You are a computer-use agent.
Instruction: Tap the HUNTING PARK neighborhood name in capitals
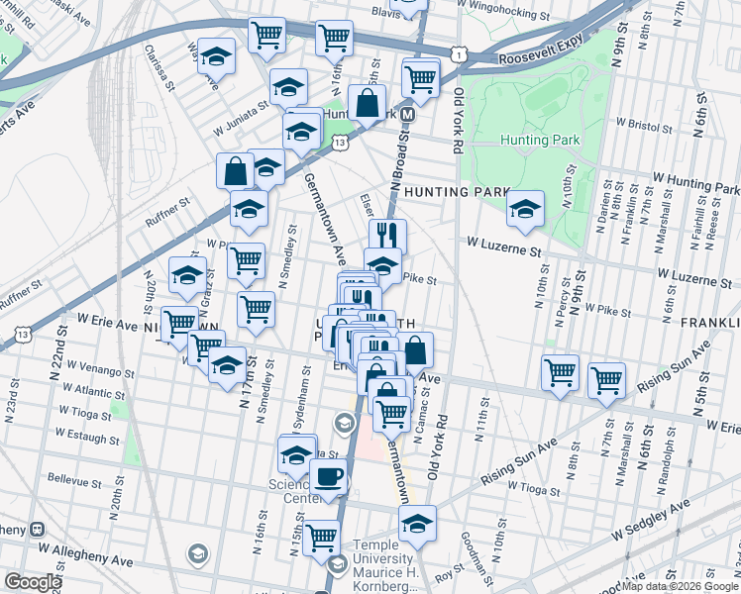pyautogui.click(x=457, y=193)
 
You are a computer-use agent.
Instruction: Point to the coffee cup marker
pyautogui.click(x=328, y=476)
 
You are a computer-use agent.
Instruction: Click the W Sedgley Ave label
pyautogui.click(x=650, y=522)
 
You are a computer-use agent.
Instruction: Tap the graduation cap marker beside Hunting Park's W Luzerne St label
pyautogui.click(x=525, y=208)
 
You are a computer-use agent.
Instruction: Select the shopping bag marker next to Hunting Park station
pyautogui.click(x=366, y=102)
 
